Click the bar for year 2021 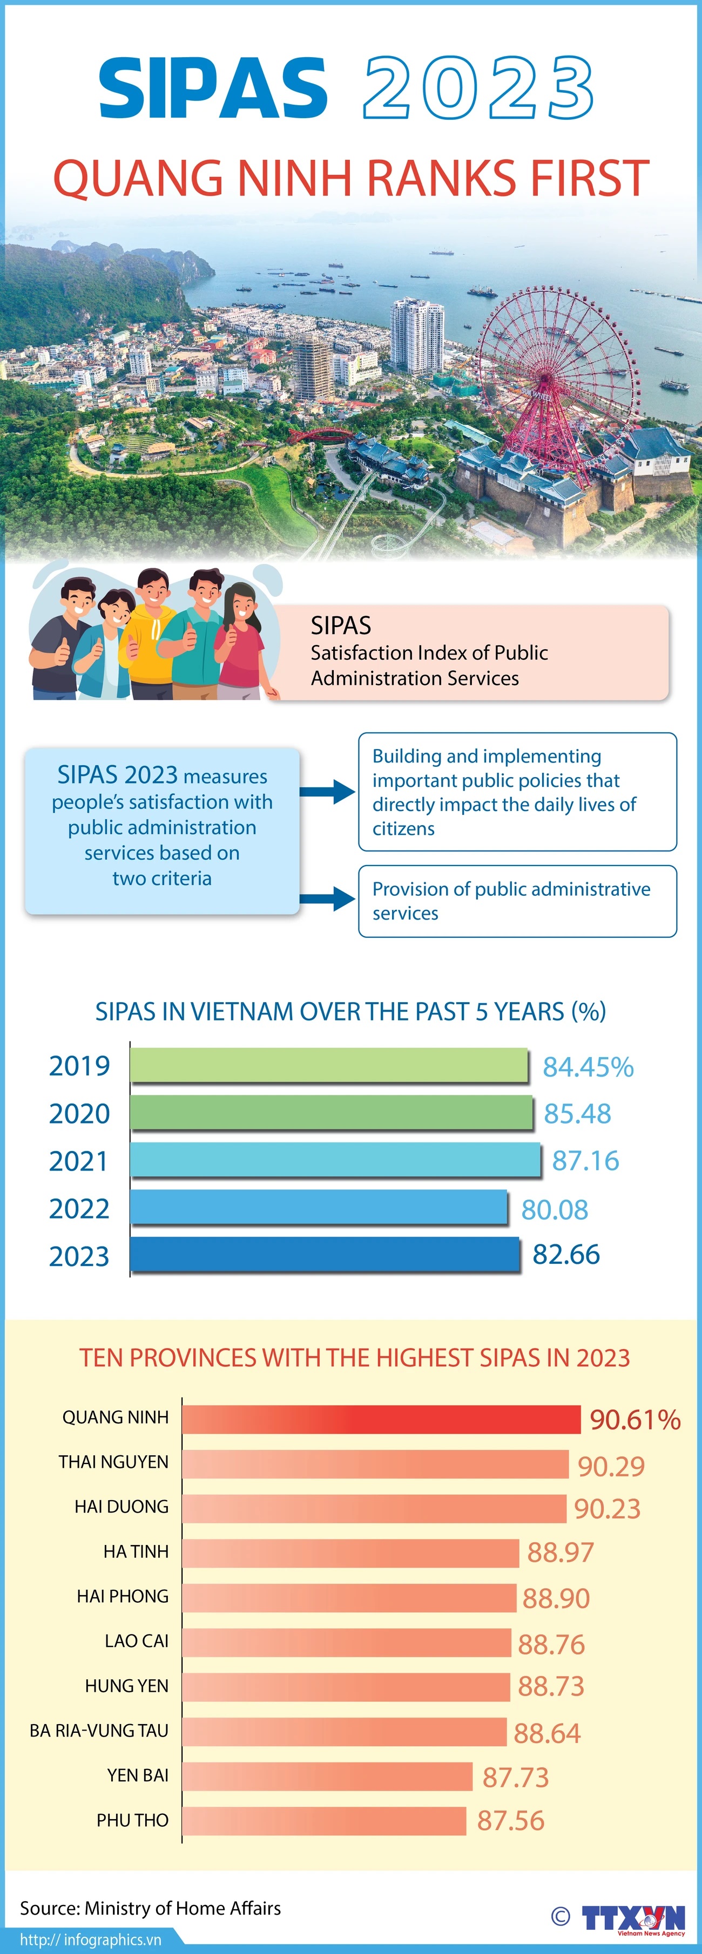click(x=335, y=1159)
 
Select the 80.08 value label click(x=554, y=1209)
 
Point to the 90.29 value click(x=611, y=1466)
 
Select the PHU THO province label click(x=132, y=1820)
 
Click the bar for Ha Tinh click(x=350, y=1553)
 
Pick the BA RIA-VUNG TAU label click(x=99, y=1730)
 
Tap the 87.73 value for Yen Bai click(x=515, y=1776)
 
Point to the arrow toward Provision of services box click(x=327, y=900)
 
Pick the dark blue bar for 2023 click(x=325, y=1254)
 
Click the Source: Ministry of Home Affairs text click(x=150, y=1908)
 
